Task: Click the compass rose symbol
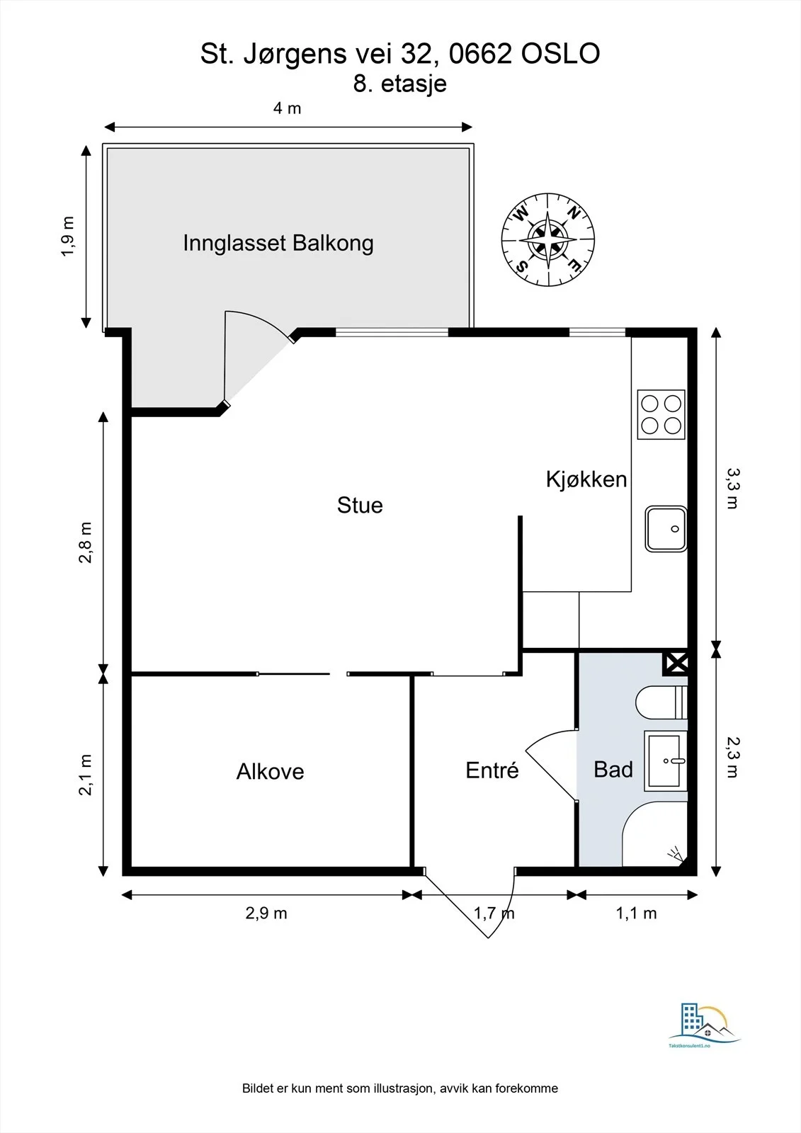(x=548, y=240)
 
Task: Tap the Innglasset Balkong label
(x=278, y=244)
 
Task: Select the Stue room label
(x=360, y=506)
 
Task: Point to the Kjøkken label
(x=586, y=479)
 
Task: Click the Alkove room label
(x=271, y=771)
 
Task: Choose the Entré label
(x=492, y=770)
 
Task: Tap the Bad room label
(x=613, y=769)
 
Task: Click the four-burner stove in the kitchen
(x=661, y=414)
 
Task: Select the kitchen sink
(x=666, y=528)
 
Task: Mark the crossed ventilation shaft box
(x=676, y=663)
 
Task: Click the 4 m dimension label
(x=288, y=108)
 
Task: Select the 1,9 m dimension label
(x=68, y=237)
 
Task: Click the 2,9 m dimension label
(x=266, y=913)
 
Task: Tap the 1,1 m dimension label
(x=636, y=913)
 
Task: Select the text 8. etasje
(x=399, y=84)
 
